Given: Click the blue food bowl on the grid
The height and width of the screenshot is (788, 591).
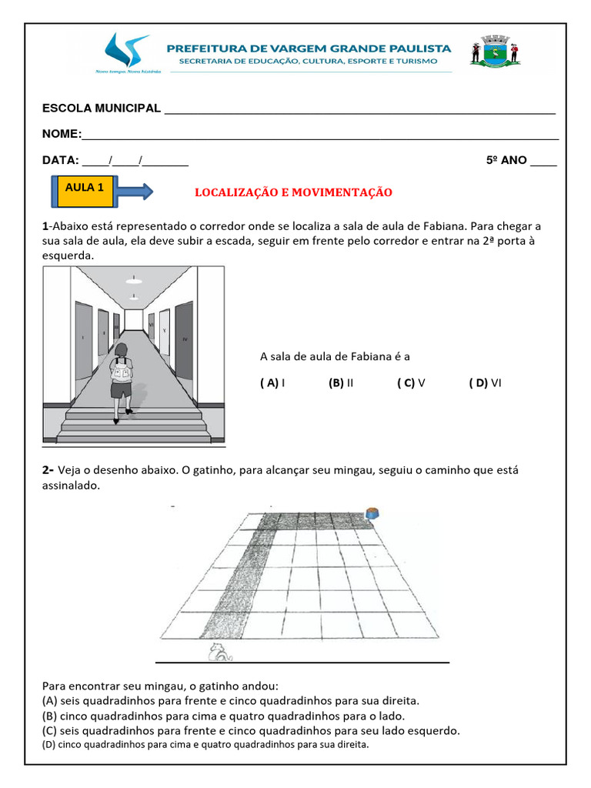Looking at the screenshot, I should coord(373,513).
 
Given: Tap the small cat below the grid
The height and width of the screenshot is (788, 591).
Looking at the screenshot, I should coord(219,653).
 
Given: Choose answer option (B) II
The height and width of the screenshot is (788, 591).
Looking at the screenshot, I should coord(340,382).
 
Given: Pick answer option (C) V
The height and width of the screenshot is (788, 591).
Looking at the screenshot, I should coord(412,382).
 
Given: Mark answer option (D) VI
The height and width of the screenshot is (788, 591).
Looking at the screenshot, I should coord(485,382).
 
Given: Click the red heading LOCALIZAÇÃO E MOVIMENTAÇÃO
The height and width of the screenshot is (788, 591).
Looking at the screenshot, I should coord(293,192).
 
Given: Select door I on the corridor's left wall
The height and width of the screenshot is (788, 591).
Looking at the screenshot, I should coord(82,336).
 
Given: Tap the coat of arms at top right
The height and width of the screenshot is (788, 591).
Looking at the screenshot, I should coord(495,52).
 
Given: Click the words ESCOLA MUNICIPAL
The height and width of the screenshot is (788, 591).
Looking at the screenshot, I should coord(102,109).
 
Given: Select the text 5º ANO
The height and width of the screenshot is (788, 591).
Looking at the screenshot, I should coord(506,160).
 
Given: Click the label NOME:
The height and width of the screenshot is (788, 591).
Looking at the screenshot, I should coord(62,135).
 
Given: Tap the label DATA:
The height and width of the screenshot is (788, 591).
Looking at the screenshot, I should coord(60,160).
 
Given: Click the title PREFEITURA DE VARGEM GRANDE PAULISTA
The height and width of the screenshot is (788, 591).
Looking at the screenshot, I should coord(309,48).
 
